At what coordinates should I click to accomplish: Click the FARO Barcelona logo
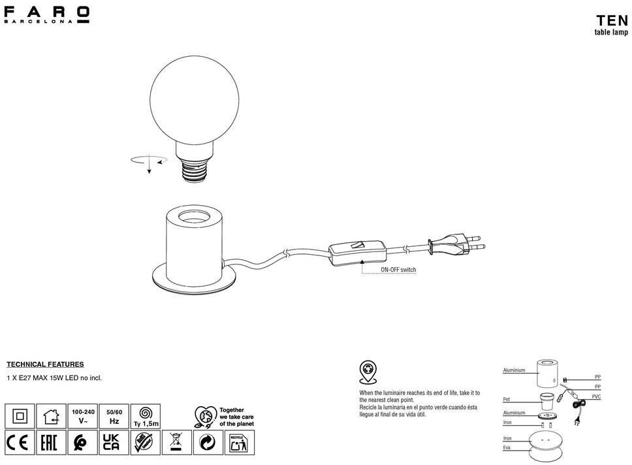pyautogui.click(x=46, y=14)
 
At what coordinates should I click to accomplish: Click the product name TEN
pyautogui.click(x=612, y=20)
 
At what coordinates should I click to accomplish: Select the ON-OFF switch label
pyautogui.click(x=398, y=270)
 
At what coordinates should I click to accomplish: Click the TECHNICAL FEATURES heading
pyautogui.click(x=45, y=364)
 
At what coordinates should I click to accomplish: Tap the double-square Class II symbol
pyautogui.click(x=20, y=415)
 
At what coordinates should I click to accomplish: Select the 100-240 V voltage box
pyautogui.click(x=84, y=416)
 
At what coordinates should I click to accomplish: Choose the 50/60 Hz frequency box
pyautogui.click(x=114, y=416)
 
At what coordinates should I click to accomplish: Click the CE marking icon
pyautogui.click(x=20, y=443)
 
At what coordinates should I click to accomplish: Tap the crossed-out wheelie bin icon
pyautogui.click(x=176, y=443)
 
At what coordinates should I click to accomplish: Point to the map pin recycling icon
pyautogui.click(x=368, y=372)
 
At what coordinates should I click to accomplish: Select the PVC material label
pyautogui.click(x=596, y=397)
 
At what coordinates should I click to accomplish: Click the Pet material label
pyautogui.click(x=507, y=398)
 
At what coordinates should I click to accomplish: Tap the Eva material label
pyautogui.click(x=507, y=447)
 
